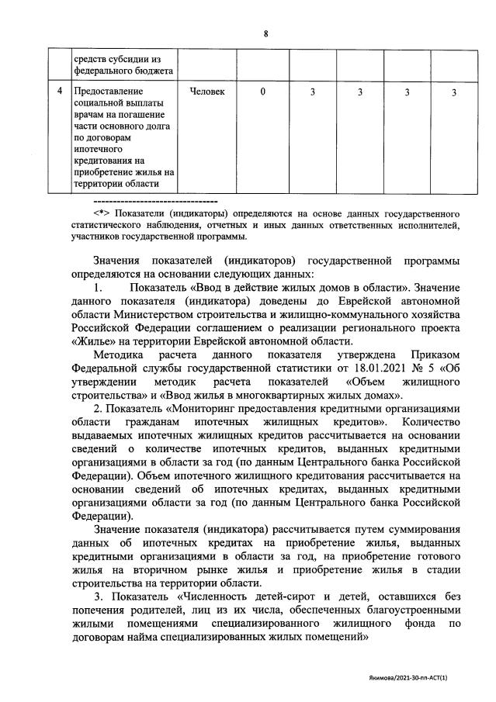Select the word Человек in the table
[208, 92]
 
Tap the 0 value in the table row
[263, 92]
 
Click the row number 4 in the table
[59, 92]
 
